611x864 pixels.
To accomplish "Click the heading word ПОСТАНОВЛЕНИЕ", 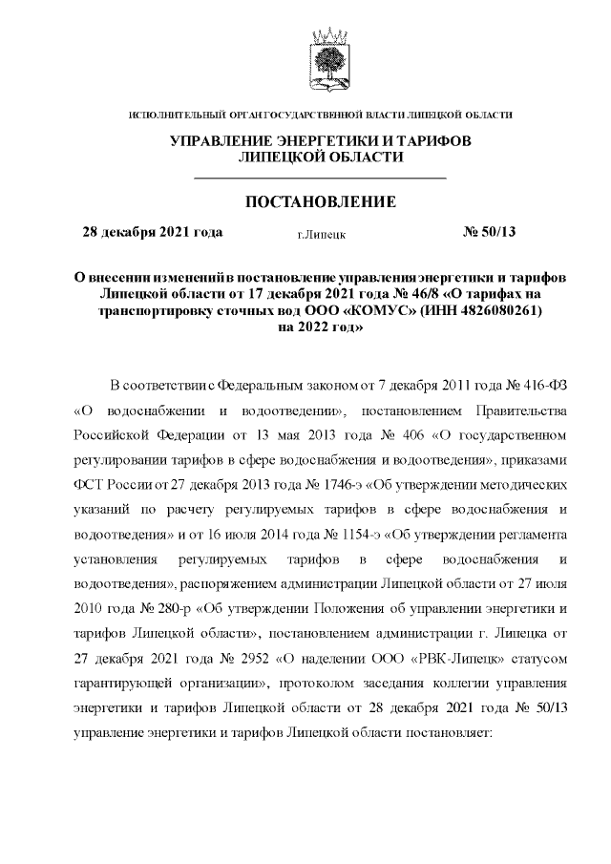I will tap(320, 202).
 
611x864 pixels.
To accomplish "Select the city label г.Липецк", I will tap(322, 233).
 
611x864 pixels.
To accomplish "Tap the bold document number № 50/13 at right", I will tap(489, 232).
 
